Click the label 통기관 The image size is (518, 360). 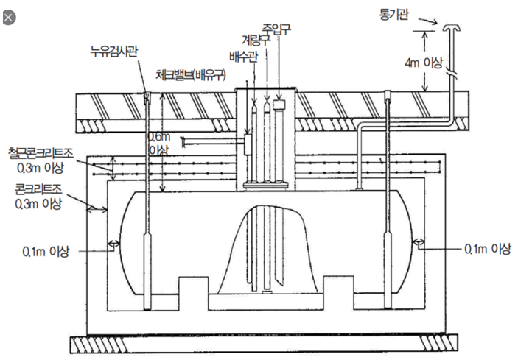click(x=393, y=14)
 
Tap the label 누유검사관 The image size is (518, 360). click(x=114, y=52)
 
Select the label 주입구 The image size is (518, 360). click(x=276, y=29)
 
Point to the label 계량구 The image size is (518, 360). click(x=256, y=40)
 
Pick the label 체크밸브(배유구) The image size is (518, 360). click(x=191, y=75)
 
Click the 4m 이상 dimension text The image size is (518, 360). click(x=423, y=62)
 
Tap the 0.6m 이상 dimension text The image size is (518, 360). click(x=159, y=144)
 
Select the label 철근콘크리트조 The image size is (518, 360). click(x=41, y=153)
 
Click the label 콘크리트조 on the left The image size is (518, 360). click(x=38, y=189)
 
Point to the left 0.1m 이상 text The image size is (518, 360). click(x=46, y=252)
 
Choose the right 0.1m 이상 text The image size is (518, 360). click(x=488, y=249)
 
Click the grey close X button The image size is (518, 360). click(x=9, y=18)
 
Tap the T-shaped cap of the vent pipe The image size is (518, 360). click(x=452, y=27)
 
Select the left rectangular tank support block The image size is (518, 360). click(x=194, y=286)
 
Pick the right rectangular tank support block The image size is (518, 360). click(x=339, y=286)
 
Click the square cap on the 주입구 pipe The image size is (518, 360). click(x=279, y=105)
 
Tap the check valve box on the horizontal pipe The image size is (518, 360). click(x=248, y=144)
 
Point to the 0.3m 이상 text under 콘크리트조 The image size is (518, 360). click(x=38, y=204)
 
